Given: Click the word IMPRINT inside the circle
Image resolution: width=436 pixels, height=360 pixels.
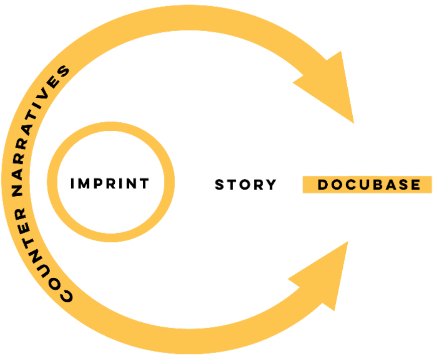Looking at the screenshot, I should [x=110, y=184].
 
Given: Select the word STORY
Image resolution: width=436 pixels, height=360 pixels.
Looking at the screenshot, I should [x=246, y=185].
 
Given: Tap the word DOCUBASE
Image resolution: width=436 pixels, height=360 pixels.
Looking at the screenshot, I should [x=369, y=185].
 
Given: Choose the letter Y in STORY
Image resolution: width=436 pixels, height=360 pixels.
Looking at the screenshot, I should [x=271, y=185].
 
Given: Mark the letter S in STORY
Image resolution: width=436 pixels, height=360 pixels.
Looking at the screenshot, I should [x=220, y=185].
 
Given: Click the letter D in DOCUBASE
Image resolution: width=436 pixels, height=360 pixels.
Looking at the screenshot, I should [x=324, y=185].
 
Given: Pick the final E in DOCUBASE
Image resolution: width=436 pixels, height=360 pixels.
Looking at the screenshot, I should [x=415, y=185].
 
